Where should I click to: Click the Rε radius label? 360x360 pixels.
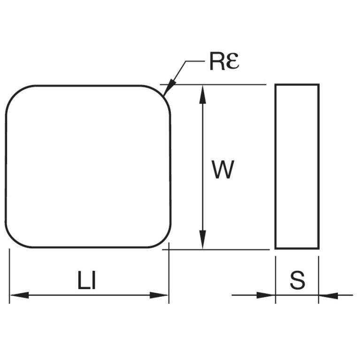224,61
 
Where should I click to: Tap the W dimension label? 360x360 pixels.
222,169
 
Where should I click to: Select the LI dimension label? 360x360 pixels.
87,280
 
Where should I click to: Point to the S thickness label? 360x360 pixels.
298,280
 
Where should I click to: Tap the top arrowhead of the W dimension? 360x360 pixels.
202,95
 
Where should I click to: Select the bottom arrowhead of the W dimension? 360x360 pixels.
202,239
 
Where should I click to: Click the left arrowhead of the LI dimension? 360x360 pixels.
20,295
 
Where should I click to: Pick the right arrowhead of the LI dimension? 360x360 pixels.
159,295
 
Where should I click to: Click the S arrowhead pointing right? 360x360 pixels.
266,295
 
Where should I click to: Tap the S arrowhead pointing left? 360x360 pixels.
328,295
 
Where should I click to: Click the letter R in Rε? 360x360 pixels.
217,61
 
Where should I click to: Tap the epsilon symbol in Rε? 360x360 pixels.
232,61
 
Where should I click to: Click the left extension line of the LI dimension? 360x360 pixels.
9,276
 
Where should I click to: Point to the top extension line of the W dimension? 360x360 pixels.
213,84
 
